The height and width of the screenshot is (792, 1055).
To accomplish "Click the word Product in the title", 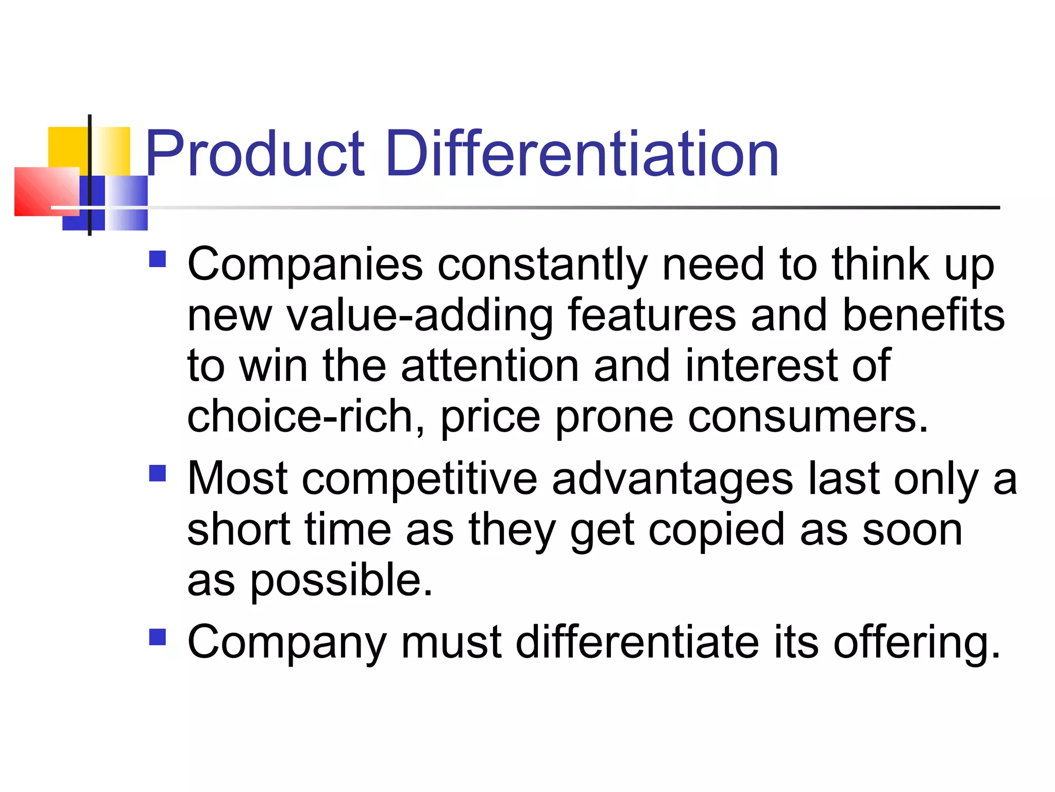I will tap(255, 154).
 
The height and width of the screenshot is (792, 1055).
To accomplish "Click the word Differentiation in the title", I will tap(582, 154).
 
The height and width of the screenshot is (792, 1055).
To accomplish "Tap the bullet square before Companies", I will tap(158, 259).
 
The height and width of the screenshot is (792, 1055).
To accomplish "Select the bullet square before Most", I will tap(158, 473).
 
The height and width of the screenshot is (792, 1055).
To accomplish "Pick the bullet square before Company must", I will tap(158, 637).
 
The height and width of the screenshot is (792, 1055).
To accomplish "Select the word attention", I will tap(490, 366).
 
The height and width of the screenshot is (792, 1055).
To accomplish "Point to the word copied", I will tap(716, 531).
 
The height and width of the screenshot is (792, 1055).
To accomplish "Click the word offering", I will tap(917, 642).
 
